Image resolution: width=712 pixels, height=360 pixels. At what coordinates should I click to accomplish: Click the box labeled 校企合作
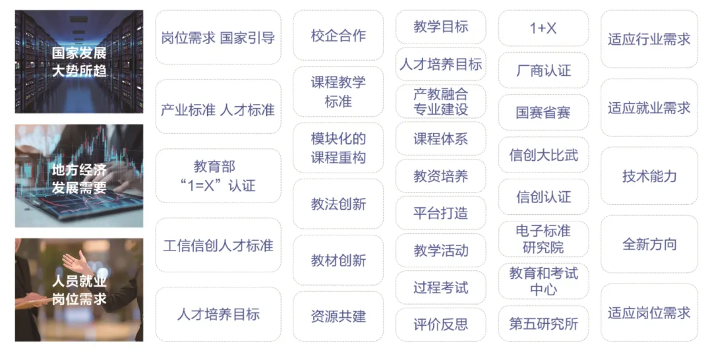tap(338, 36)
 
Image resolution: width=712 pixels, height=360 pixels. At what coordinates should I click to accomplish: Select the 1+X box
tap(543, 28)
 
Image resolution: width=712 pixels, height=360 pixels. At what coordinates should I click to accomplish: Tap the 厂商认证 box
tap(543, 71)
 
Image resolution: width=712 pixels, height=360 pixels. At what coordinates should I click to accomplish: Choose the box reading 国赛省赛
tap(543, 113)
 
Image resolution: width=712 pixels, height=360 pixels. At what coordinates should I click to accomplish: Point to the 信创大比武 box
tap(543, 155)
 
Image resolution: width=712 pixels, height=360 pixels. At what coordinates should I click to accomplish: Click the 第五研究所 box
tap(543, 324)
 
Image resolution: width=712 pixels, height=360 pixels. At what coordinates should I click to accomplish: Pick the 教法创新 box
tap(338, 204)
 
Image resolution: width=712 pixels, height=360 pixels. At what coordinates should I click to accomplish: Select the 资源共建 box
tap(338, 316)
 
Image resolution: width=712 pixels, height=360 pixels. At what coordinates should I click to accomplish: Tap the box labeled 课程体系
tap(440, 139)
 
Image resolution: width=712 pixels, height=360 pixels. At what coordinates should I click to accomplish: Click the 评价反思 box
tap(440, 324)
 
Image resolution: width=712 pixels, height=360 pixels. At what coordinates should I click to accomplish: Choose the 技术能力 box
tap(649, 176)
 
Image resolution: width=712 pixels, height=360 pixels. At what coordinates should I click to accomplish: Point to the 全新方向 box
tap(649, 245)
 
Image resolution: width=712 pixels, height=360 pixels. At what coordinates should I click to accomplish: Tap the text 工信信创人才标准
tap(218, 246)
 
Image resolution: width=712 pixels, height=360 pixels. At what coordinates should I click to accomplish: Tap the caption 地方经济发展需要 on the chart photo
tap(79, 179)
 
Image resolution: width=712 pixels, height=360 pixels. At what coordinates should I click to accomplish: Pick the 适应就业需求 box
tap(649, 107)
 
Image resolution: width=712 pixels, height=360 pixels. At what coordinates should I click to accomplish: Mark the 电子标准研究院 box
tap(543, 239)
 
